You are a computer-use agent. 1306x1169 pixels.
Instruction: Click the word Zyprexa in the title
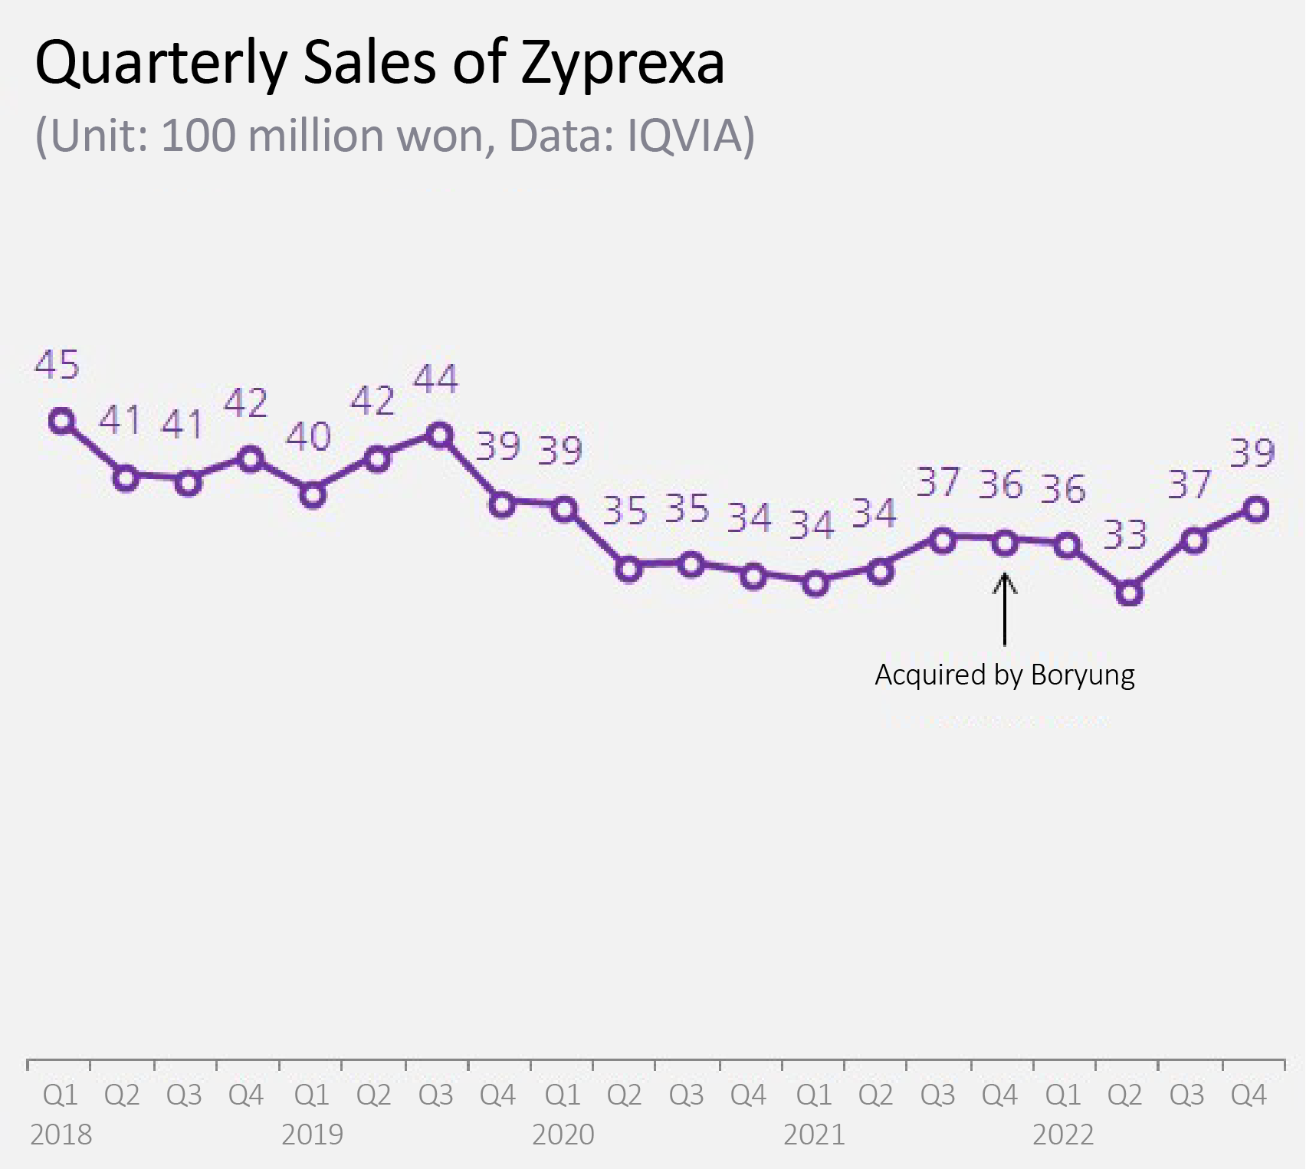click(622, 64)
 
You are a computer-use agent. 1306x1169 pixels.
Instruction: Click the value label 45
click(57, 365)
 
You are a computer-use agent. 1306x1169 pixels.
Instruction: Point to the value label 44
click(436, 379)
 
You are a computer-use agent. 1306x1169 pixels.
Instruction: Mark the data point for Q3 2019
click(439, 435)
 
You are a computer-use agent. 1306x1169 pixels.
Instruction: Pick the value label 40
click(309, 436)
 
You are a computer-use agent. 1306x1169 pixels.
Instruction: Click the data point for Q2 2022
click(1129, 593)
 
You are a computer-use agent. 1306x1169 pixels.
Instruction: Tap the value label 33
click(1125, 534)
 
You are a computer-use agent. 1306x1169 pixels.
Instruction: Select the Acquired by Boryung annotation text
click(1005, 675)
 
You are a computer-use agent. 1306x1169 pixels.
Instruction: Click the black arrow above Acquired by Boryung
click(1005, 609)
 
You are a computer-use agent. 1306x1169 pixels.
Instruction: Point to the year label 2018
click(61, 1135)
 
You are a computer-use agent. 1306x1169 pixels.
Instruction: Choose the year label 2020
click(563, 1135)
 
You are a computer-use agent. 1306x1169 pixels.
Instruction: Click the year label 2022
click(1063, 1135)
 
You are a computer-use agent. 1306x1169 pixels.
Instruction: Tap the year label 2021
click(814, 1135)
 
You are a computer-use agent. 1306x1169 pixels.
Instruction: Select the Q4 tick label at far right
click(1249, 1095)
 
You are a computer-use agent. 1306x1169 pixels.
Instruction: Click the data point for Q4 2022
click(1257, 509)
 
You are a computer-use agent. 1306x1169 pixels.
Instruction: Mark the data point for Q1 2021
click(817, 584)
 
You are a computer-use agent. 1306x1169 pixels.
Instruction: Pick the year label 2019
click(312, 1135)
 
